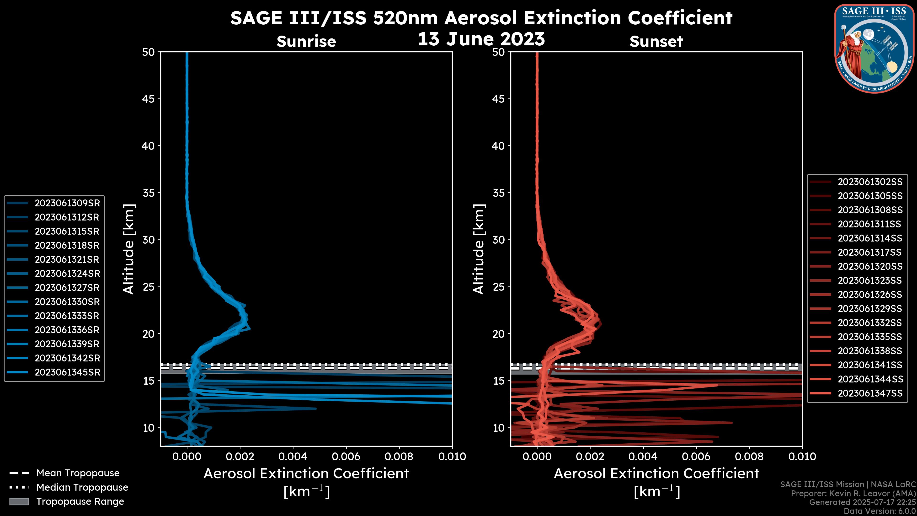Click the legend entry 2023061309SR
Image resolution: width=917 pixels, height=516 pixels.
pos(67,203)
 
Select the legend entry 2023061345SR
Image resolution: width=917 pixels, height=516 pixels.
pos(67,372)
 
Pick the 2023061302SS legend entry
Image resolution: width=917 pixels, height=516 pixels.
pos(870,182)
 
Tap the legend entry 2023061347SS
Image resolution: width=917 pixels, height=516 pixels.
pos(870,393)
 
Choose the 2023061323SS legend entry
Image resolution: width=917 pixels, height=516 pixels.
pos(870,281)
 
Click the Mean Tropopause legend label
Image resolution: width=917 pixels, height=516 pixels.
pos(78,473)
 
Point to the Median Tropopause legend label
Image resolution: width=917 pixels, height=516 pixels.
pos(82,488)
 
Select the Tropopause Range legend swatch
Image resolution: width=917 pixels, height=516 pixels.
pos(19,502)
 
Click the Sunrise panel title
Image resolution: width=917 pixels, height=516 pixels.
pos(306,42)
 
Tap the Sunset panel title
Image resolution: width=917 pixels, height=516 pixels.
pos(656,42)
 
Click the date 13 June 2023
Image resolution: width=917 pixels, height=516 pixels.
pos(481,39)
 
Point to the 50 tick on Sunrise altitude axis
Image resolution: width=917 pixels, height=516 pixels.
pos(149,52)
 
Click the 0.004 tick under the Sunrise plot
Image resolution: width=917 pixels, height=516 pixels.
pos(293,457)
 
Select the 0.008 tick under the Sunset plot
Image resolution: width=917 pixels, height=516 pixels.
pos(749,457)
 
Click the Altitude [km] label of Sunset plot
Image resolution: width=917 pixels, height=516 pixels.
pos(479,249)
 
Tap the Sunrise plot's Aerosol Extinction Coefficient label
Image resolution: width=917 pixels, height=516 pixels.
pos(306,474)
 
